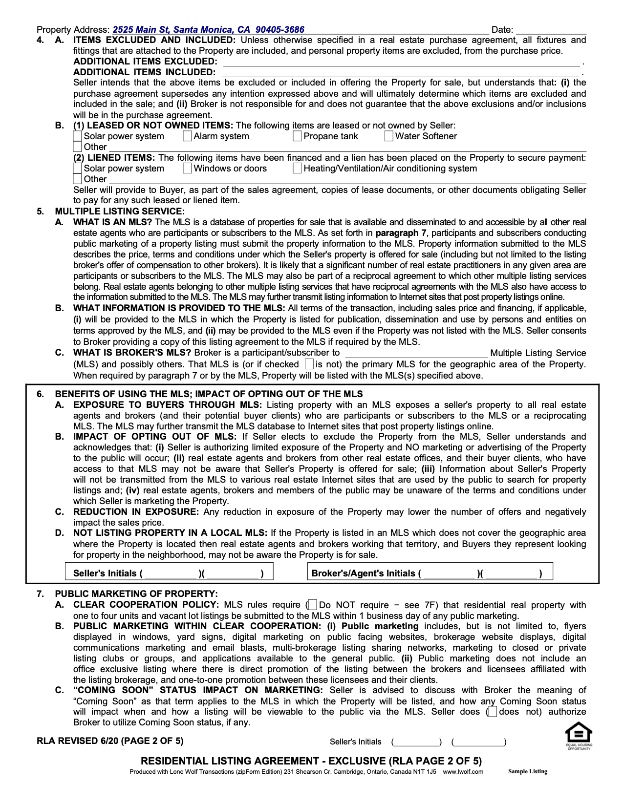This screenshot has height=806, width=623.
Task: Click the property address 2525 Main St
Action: click(208, 30)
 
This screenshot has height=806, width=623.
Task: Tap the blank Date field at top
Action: click(551, 30)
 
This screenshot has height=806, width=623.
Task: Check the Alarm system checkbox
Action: click(187, 136)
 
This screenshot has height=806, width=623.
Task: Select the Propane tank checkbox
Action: click(297, 136)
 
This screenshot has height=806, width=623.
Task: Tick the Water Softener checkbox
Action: click(389, 136)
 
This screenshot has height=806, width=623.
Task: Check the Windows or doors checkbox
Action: click(187, 169)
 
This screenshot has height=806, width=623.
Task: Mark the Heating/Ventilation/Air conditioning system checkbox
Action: click(297, 169)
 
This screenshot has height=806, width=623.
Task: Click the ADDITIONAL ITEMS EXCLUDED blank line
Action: click(401, 62)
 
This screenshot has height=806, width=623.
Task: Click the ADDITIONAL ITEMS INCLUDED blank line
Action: click(401, 73)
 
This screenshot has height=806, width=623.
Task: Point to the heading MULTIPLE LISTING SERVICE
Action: click(120, 212)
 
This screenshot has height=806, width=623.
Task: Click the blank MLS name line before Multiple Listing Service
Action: click(416, 353)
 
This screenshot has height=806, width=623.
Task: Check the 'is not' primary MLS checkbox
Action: click(309, 364)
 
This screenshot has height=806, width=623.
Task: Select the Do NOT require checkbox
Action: click(313, 605)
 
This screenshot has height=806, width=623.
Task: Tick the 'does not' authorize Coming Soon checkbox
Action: click(493, 712)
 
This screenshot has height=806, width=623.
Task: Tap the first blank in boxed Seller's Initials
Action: click(171, 573)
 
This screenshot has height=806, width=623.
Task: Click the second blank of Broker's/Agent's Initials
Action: click(511, 573)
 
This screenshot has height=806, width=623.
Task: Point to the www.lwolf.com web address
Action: click(463, 772)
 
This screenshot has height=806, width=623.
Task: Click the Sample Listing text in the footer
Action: click(528, 772)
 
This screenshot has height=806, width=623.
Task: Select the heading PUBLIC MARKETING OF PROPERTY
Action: click(136, 594)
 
